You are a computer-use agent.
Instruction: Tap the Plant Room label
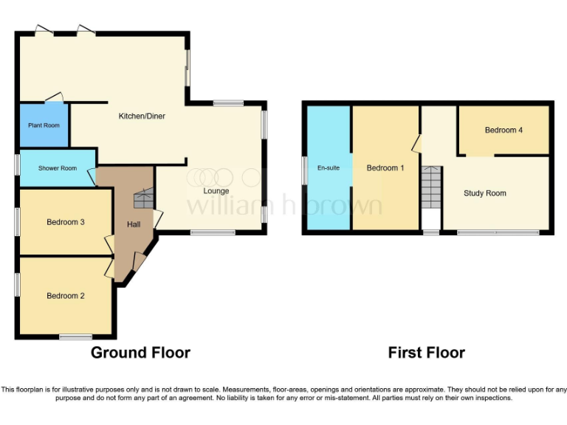click(x=44, y=125)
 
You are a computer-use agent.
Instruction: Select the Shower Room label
click(x=58, y=168)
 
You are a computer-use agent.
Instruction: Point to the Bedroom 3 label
click(x=66, y=222)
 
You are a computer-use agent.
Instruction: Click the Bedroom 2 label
click(x=66, y=296)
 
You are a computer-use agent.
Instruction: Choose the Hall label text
click(x=133, y=224)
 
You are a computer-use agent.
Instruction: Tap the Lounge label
click(x=216, y=191)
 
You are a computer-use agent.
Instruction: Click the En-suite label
click(x=329, y=168)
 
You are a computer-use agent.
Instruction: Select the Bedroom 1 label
click(x=385, y=168)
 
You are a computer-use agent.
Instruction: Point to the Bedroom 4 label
click(x=504, y=131)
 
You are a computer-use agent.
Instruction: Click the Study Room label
click(x=484, y=193)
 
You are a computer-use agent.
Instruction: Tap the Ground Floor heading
click(x=140, y=353)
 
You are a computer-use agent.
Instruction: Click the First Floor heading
click(x=426, y=353)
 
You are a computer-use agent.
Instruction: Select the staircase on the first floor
click(x=430, y=186)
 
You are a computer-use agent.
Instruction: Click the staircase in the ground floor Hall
click(x=143, y=199)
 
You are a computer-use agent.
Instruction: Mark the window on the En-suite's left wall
click(x=304, y=168)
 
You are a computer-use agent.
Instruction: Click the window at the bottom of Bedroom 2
click(x=75, y=337)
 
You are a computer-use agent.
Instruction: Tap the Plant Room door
click(x=54, y=97)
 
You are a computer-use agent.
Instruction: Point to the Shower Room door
click(x=92, y=176)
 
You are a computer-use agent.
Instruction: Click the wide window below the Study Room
click(x=498, y=233)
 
